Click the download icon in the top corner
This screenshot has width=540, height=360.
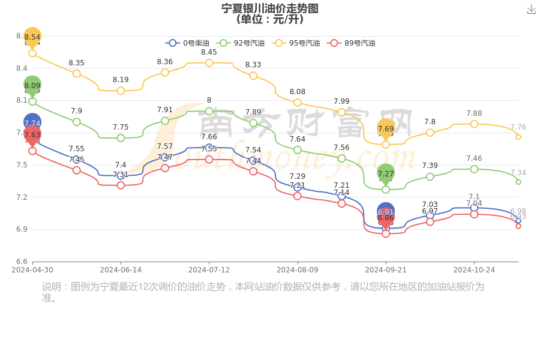531,10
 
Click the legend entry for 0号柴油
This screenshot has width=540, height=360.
188,43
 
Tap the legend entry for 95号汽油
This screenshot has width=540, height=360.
296,43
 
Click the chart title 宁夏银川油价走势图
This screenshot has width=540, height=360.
269,8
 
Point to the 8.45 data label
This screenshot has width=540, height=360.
209,52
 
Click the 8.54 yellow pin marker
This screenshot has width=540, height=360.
32,37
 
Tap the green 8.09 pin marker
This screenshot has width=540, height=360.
32,86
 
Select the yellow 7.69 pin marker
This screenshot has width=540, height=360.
386,128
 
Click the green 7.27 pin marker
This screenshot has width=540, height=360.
386,173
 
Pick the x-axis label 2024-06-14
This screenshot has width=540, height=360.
121,270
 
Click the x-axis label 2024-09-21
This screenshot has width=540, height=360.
386,270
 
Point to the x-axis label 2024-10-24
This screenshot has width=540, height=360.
474,270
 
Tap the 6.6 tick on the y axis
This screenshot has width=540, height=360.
22,262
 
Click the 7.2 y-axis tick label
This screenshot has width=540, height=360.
22,197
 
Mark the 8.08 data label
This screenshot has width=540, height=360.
297,92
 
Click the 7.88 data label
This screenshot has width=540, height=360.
474,113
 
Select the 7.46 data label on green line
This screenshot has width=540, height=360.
474,158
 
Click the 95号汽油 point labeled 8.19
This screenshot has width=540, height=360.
121,91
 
